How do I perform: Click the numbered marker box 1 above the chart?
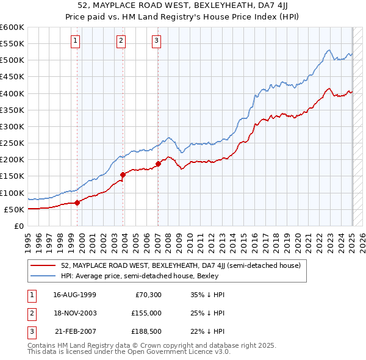coord(75,41)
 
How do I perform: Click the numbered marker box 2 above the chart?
coord(121,41)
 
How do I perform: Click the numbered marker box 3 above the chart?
coord(156,41)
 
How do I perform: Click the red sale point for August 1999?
coord(77,203)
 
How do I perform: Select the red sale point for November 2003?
coord(123,175)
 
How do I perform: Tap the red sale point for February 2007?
coord(158,164)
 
